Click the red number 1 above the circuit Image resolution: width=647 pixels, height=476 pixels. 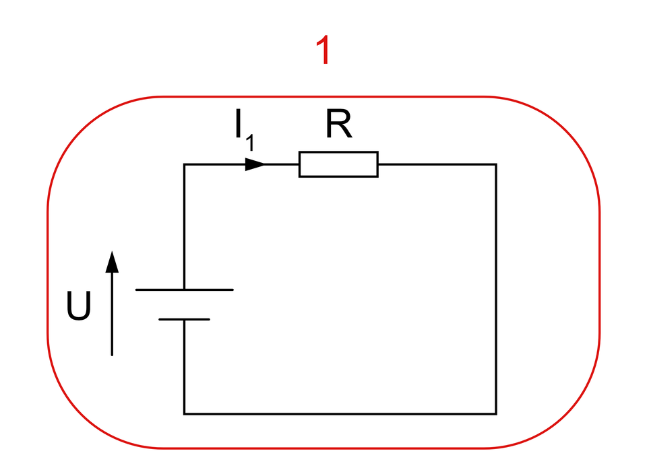324,50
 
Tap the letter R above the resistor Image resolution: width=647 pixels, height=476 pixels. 338,125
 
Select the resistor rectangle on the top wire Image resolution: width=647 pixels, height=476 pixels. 338,164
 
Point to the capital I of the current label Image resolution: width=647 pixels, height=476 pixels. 239,125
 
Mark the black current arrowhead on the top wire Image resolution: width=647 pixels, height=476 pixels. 255,164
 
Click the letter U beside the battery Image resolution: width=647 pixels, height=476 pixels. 78,307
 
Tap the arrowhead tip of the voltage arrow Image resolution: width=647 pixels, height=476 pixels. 112,254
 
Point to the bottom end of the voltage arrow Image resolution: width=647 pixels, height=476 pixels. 112,354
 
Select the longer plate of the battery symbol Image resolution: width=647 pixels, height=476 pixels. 184,290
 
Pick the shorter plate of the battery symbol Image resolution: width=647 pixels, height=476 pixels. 184,318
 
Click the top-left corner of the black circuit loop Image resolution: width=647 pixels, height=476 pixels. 184,164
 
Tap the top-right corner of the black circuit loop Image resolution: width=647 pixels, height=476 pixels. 496,164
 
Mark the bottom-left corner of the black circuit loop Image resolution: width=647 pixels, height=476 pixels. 184,413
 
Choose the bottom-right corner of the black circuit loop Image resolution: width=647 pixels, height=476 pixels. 496,413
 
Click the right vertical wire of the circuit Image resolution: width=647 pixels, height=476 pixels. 496,290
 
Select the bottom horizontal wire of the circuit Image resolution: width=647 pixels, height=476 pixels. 340,413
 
